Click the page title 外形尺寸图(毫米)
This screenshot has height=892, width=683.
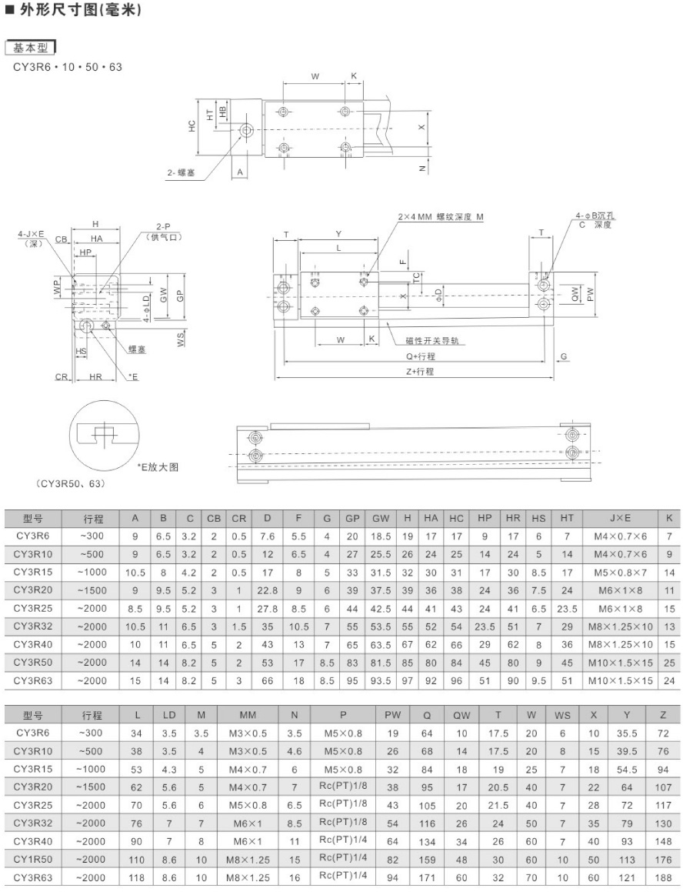[78, 10]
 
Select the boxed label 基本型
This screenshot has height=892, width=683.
[31, 48]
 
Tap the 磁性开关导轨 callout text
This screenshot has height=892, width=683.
[432, 341]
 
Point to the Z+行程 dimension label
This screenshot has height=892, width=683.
[420, 371]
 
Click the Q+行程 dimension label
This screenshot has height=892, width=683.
[421, 356]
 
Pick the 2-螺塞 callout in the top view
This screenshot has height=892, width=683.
[181, 172]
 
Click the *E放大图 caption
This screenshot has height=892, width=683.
[158, 467]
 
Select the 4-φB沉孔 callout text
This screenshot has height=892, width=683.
[595, 216]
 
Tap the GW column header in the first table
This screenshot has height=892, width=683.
[381, 518]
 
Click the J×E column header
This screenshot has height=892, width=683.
[621, 518]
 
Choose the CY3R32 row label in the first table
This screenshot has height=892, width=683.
[34, 626]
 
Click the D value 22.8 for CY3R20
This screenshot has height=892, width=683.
[268, 590]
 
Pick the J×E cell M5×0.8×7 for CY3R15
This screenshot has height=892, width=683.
[621, 573]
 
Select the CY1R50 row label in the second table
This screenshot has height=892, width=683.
[34, 859]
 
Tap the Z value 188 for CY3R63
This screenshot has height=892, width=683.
[663, 878]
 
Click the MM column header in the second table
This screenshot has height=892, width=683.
[248, 715]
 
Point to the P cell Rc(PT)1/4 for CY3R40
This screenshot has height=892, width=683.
[343, 840]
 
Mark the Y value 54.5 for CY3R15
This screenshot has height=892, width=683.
[627, 769]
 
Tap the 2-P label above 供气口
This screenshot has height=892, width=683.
[163, 227]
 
